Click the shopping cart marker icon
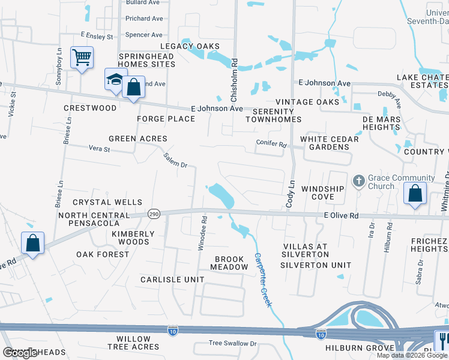[82, 58]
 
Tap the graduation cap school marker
[115, 80]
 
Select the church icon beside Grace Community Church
[358, 181]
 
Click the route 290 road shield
[154, 214]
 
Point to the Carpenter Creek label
[263, 280]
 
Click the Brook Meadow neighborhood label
[229, 263]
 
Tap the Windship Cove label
[322, 193]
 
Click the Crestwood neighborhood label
[90, 108]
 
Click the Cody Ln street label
[291, 194]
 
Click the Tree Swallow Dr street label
[232, 343]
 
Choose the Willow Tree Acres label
[134, 343]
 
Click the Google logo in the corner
[20, 353]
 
